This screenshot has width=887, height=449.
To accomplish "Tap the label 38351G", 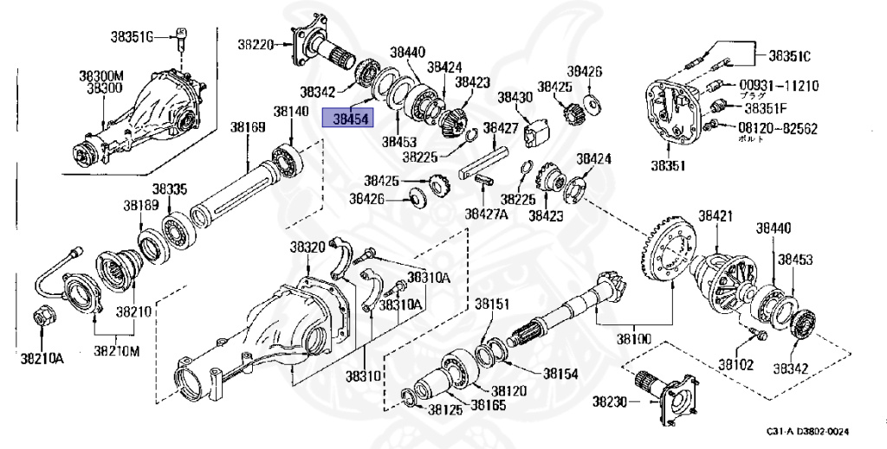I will pyautogui.click(x=131, y=36).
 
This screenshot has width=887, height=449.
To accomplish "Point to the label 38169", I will pyautogui.click(x=247, y=127).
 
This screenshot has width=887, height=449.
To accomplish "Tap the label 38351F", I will pyautogui.click(x=766, y=108).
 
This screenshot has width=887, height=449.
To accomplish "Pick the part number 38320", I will pyautogui.click(x=307, y=247).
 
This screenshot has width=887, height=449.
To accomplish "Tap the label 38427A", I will pyautogui.click(x=486, y=213).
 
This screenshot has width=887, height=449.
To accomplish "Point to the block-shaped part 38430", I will pyautogui.click(x=540, y=131).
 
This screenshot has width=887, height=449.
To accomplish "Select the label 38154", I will pyautogui.click(x=560, y=374).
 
